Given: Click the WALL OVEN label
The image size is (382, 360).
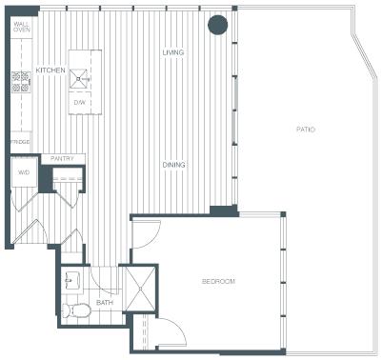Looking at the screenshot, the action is click(22, 27).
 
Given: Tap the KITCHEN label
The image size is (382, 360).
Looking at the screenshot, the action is click(50, 70).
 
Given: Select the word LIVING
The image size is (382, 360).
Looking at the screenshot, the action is click(173, 52).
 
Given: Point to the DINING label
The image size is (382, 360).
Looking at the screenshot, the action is click(173, 165).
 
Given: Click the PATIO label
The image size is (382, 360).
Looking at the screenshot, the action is click(306, 130).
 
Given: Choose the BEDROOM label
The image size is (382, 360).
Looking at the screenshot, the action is click(218, 281).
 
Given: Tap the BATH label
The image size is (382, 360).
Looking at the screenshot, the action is click(105, 303).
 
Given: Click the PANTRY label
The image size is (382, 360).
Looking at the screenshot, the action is click(62, 158).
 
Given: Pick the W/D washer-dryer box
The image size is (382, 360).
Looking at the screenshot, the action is click(24, 172).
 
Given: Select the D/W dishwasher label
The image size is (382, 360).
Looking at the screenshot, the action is click(78, 103).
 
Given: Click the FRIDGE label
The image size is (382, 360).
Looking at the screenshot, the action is click(20, 142).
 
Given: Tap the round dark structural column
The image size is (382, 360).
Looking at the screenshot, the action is click(218, 24).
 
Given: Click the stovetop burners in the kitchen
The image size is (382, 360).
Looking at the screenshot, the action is click(21, 83).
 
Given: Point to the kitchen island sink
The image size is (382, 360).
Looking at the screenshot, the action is click(79, 78).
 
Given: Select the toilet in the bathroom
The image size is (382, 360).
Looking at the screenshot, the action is click(76, 310).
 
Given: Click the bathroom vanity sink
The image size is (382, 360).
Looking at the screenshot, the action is click(71, 278).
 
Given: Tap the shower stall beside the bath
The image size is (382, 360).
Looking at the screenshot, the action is click(140, 288).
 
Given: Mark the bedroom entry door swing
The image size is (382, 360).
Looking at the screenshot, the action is click(146, 234).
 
